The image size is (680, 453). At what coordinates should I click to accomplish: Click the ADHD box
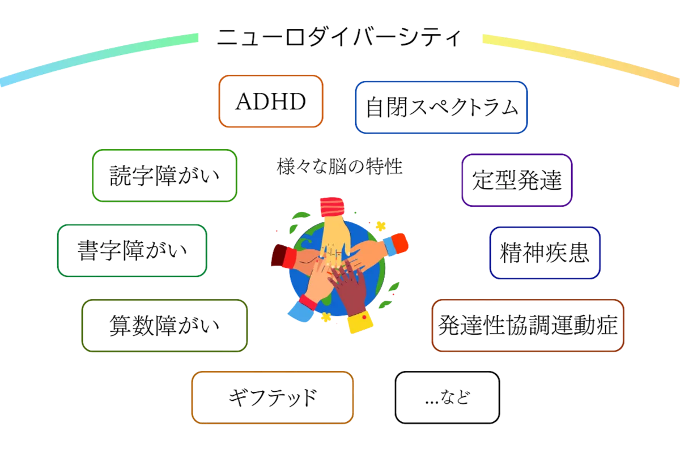point(271,101)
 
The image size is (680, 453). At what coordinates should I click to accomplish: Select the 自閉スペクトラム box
point(441,108)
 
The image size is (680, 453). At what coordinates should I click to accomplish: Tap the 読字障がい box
point(164,176)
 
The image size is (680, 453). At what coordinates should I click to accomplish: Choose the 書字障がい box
point(132,250)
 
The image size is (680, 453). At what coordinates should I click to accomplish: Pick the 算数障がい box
point(165,326)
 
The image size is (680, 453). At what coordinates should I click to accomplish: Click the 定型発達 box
point(517,180)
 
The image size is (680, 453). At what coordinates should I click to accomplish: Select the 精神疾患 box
point(545,253)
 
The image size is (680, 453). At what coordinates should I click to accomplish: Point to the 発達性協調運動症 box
point(528,326)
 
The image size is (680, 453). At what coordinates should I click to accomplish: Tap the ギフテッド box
point(272,398)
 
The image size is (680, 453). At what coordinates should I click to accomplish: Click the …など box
point(447,398)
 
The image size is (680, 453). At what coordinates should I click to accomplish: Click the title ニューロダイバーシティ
point(339,39)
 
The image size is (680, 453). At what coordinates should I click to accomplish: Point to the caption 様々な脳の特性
point(339,167)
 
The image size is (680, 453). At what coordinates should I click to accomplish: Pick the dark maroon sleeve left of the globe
point(282,258)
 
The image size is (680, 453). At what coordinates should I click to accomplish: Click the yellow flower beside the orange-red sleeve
point(381,225)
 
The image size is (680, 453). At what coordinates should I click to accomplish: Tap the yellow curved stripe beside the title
point(578,57)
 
